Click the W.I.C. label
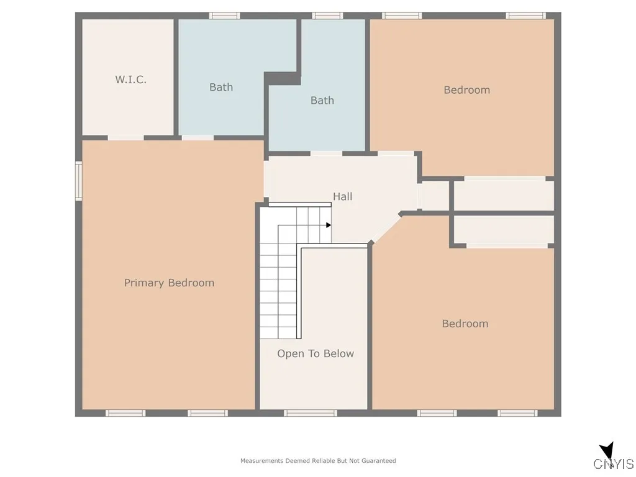point(130,79)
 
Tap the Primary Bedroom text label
point(169,283)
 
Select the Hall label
point(342,196)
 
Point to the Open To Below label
point(315,353)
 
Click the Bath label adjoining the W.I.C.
point(220,87)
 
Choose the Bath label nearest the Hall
point(322,100)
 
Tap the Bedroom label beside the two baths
point(466,90)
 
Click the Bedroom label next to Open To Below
point(465,324)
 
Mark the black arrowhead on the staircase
point(329,225)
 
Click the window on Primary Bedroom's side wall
point(79,181)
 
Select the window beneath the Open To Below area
point(311,412)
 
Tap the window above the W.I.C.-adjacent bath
point(224,16)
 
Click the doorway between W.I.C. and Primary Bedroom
point(125,138)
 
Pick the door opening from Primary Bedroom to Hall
point(266,179)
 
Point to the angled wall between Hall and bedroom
point(386,228)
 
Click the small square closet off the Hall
point(434,196)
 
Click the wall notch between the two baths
point(283,78)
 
